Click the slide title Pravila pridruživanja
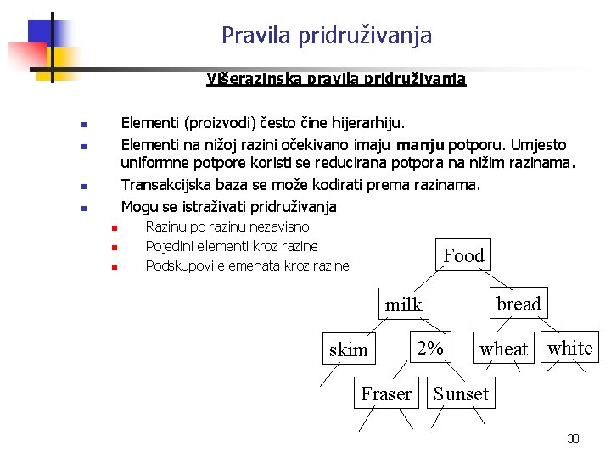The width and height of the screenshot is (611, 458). pyautogui.click(x=327, y=36)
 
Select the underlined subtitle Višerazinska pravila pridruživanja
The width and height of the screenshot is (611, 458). pyautogui.click(x=336, y=79)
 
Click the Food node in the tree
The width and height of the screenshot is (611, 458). pyautogui.click(x=463, y=255)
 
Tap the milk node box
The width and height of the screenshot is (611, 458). pyautogui.click(x=403, y=304)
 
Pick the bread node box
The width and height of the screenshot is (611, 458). pyautogui.click(x=518, y=304)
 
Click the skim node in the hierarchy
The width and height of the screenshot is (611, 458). pyautogui.click(x=348, y=349)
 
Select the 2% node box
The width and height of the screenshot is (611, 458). pyautogui.click(x=430, y=348)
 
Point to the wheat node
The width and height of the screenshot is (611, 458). pyautogui.click(x=503, y=349)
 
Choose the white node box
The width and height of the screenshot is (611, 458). pyautogui.click(x=569, y=348)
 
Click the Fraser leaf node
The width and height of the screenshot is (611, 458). pyautogui.click(x=386, y=394)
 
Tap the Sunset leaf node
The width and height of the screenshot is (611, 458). pyautogui.click(x=461, y=394)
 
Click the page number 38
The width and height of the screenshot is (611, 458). pyautogui.click(x=573, y=438)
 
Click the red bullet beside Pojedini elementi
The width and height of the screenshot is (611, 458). pyautogui.click(x=113, y=248)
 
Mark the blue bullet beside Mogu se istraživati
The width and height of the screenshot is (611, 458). pyautogui.click(x=83, y=208)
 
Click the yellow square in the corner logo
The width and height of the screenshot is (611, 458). pyautogui.click(x=62, y=59)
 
